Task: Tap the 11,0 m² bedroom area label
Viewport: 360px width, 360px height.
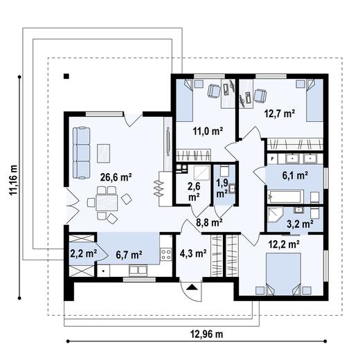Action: [x=207, y=129]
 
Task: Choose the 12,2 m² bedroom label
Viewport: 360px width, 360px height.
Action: [x=284, y=244]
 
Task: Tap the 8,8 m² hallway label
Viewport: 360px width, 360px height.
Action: [x=208, y=222]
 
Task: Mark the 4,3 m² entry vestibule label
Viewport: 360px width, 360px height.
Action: [x=194, y=253]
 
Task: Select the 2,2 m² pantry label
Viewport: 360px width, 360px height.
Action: [x=82, y=253]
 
